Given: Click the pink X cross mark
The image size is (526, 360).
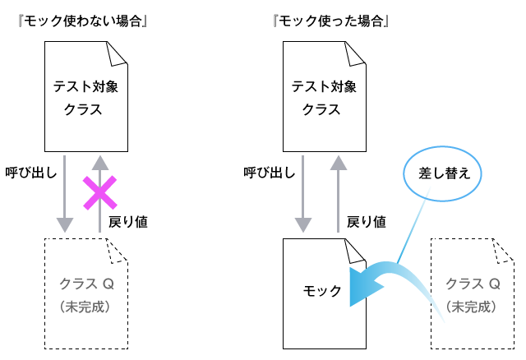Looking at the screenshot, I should click(x=99, y=192).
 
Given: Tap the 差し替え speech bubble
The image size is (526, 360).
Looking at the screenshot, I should click(x=443, y=173).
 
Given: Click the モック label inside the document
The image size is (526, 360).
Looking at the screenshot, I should click(x=322, y=291).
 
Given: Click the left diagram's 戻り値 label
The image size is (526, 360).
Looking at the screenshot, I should click(x=127, y=221).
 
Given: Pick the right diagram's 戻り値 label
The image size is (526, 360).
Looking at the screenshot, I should click(x=367, y=221).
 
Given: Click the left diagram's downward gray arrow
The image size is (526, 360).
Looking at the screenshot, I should click(x=64, y=193).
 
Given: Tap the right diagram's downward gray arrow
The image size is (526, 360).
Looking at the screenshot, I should click(x=303, y=193).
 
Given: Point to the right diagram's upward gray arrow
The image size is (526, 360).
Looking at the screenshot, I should click(x=338, y=193).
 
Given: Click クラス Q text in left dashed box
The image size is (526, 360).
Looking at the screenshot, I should click(x=86, y=284).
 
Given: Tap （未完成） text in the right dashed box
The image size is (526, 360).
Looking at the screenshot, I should click(x=473, y=307).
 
